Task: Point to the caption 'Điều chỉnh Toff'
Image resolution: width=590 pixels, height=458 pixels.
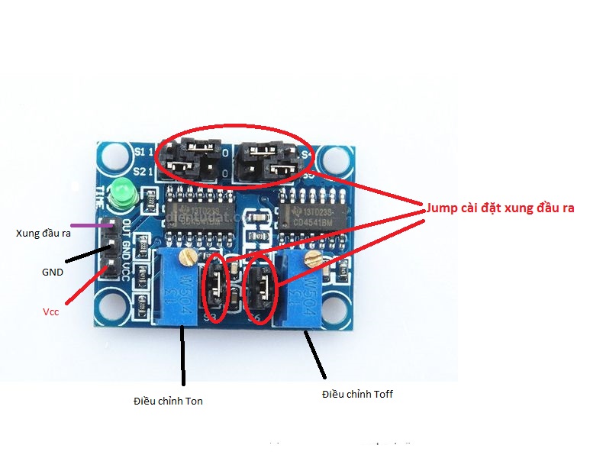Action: [357, 394]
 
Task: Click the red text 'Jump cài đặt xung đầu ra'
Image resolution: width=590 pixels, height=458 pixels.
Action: [499, 208]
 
